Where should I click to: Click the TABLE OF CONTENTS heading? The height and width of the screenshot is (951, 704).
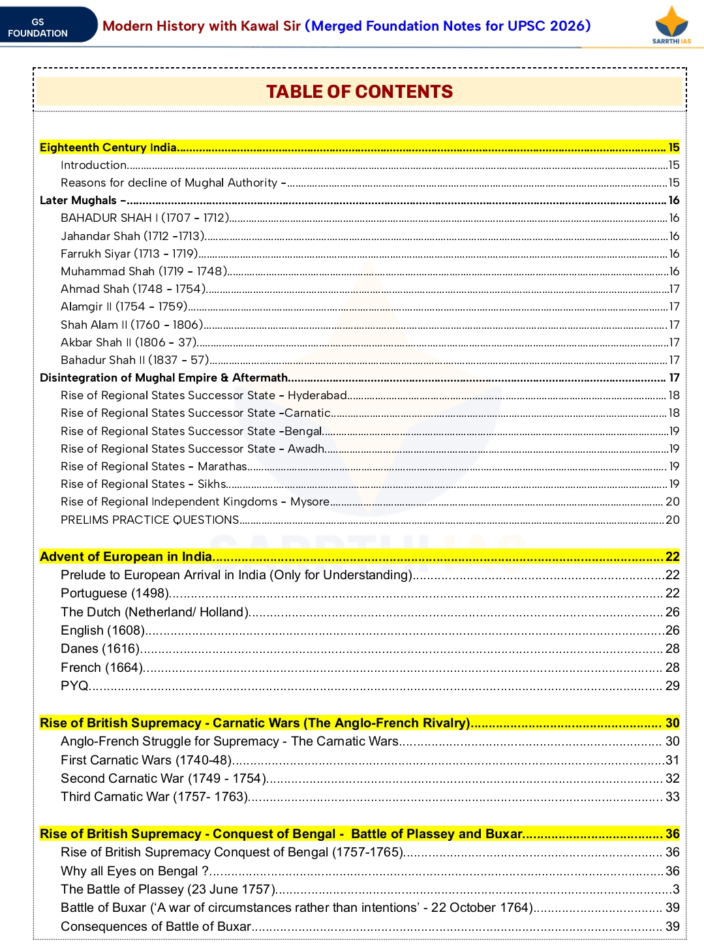359,92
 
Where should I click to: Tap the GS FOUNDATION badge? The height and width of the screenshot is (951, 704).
38,27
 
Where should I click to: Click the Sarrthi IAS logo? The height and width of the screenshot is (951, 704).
671,25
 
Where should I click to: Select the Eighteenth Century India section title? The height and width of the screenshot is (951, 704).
108,147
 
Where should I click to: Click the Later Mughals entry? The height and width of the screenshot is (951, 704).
78,200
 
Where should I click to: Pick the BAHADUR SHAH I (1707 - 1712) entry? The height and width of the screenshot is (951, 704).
145,218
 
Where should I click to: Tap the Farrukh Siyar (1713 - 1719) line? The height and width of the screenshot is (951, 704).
129,254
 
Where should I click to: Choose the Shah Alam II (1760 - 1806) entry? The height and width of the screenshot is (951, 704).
132,325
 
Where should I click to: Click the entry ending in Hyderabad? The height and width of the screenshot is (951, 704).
204,395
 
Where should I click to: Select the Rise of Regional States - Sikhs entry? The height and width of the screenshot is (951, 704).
144,484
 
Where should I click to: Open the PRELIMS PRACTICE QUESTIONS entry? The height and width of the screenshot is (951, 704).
150,520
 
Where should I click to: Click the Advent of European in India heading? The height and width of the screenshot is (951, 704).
126,556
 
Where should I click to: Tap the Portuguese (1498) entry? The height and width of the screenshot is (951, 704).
115,593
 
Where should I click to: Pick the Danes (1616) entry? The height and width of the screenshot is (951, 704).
100,648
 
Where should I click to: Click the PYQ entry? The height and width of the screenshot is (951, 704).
74,686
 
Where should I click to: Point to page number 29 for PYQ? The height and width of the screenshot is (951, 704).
672,686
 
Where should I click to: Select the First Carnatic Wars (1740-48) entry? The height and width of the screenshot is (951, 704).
146,760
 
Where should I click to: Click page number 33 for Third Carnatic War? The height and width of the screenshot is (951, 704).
672,796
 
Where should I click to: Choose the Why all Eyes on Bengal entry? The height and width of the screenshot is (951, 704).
134,871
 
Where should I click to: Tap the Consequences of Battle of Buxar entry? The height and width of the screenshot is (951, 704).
156,926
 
